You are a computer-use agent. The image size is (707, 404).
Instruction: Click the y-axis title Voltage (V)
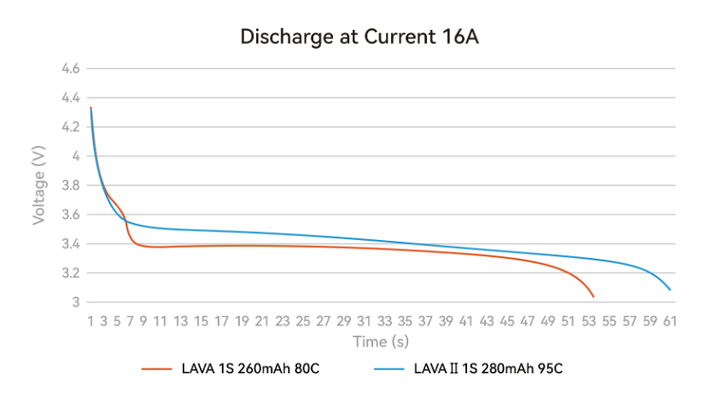(x=38, y=185)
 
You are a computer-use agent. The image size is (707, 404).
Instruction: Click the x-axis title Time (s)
(x=380, y=342)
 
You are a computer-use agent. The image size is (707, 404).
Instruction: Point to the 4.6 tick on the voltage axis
(x=70, y=68)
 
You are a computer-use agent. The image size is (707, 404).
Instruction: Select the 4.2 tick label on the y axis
(x=70, y=127)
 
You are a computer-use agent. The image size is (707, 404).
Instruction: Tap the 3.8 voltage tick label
(x=70, y=185)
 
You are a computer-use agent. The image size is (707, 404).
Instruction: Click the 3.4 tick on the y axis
(x=70, y=244)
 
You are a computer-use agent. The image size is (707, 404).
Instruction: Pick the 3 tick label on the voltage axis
(x=75, y=302)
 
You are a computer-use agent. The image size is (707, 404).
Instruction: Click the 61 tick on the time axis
(x=670, y=320)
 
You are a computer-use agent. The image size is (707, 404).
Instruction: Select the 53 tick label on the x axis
(x=593, y=320)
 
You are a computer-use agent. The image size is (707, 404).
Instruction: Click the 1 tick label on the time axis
(x=90, y=320)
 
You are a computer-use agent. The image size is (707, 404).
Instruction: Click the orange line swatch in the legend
(x=156, y=369)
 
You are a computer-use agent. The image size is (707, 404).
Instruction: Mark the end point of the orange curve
(x=593, y=296)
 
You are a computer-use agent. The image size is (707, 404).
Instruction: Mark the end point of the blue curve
(x=670, y=290)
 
